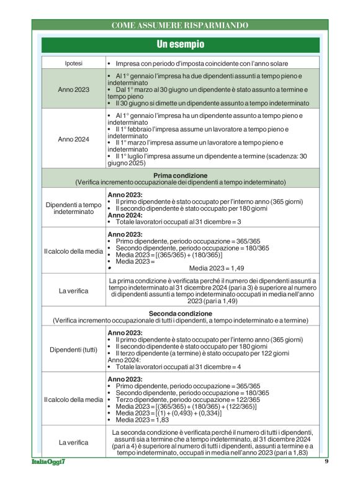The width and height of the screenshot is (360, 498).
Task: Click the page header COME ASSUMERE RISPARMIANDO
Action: (x=179, y=25)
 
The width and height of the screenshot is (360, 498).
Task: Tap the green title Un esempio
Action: (x=180, y=45)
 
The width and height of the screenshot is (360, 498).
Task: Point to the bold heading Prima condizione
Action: (x=180, y=176)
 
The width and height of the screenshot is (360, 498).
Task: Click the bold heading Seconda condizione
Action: (x=180, y=313)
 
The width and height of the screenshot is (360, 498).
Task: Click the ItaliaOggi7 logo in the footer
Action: (x=49, y=462)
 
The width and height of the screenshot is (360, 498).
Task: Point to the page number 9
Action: (x=326, y=462)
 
